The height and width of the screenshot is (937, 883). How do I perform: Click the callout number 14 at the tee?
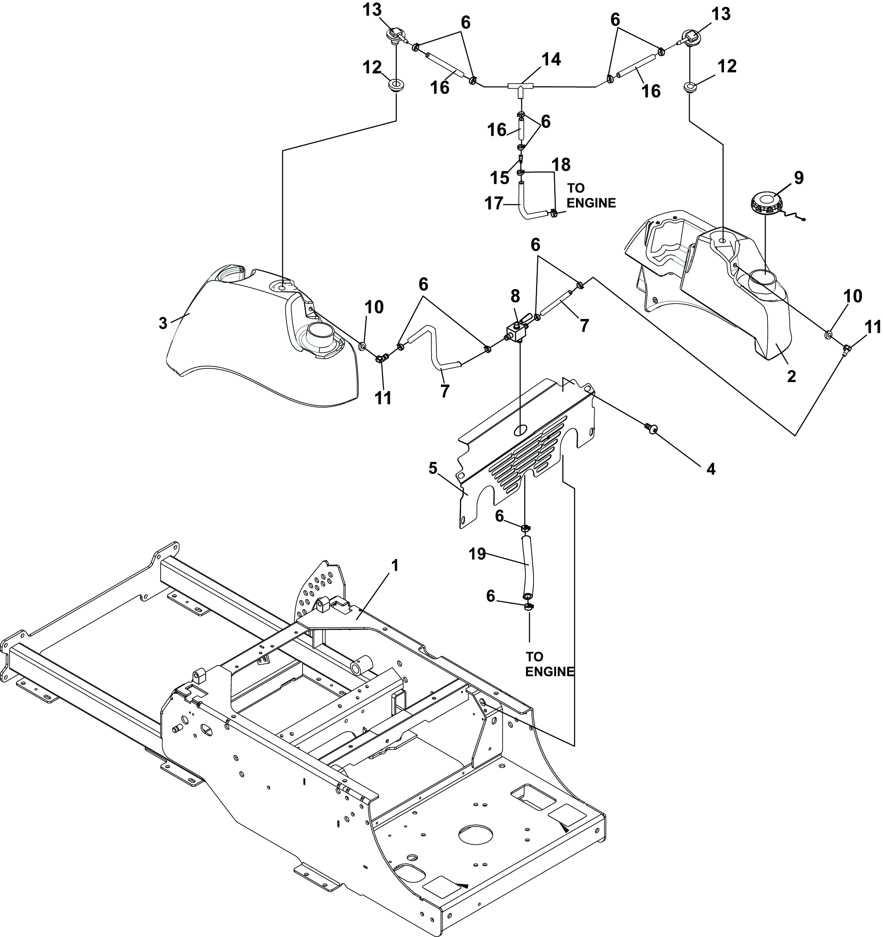[551, 59]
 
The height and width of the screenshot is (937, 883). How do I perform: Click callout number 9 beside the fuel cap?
[799, 178]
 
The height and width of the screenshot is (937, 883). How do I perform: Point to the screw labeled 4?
[652, 427]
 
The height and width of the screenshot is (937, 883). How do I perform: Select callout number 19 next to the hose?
[477, 554]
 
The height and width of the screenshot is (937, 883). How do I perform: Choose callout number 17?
[493, 204]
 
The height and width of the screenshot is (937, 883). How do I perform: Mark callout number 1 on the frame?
[395, 565]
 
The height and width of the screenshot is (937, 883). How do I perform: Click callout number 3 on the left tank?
[163, 323]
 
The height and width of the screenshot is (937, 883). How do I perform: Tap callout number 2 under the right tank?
[792, 376]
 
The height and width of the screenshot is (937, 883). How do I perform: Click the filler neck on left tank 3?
[320, 336]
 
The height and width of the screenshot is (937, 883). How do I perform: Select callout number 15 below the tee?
[500, 178]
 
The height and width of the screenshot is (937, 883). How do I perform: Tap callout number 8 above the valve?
[515, 296]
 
